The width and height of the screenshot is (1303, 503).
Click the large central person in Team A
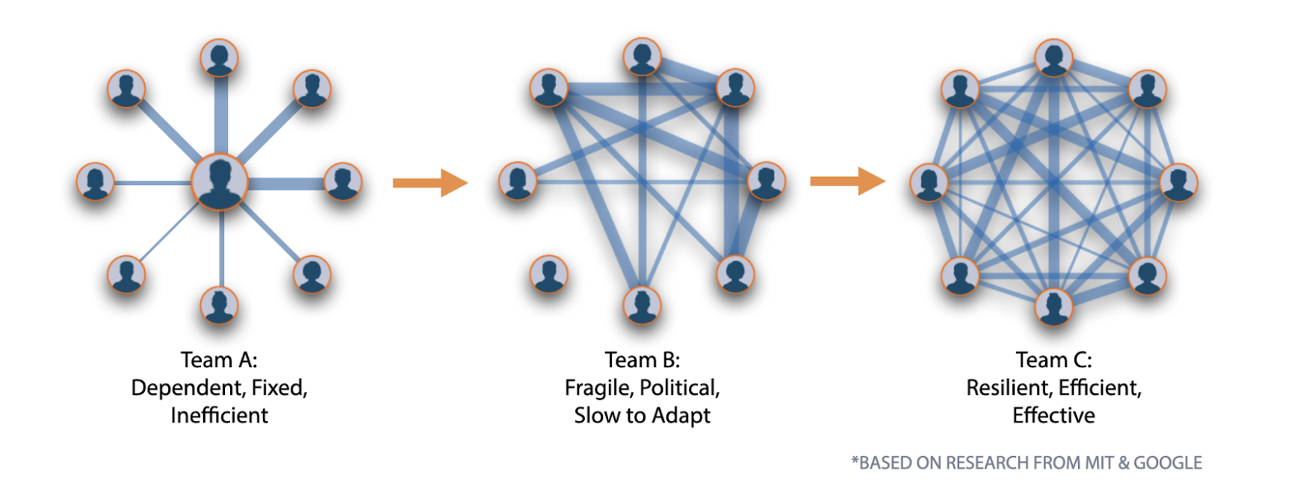point(220,182)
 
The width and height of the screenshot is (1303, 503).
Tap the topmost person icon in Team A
point(220,58)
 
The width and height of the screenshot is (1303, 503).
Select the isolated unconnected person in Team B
point(549,274)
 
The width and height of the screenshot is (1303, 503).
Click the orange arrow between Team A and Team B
point(430,182)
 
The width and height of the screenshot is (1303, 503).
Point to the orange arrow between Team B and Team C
point(847,181)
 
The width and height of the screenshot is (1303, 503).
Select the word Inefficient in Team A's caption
point(219,416)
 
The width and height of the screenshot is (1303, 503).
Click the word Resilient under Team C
point(1009,388)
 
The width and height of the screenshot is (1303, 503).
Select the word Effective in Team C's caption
point(1053,416)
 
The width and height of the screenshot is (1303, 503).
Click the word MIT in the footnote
point(1099,463)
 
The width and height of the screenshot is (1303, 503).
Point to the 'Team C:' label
point(1053,360)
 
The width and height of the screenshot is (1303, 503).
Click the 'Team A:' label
point(219,360)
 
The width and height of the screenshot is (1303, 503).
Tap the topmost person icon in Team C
point(1054,58)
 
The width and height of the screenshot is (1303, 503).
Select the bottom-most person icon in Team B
point(642,305)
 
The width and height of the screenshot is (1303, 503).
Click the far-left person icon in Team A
point(96,181)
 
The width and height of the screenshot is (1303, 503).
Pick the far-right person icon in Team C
point(1178,182)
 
